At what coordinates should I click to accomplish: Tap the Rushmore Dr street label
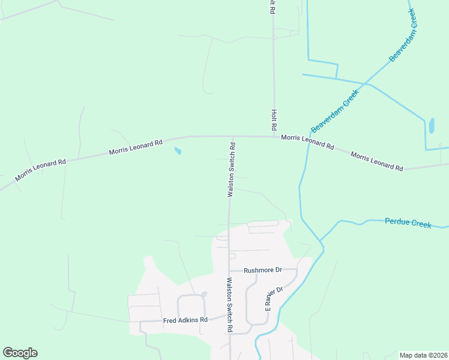[x=263, y=270]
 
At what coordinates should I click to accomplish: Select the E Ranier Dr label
[x=274, y=298]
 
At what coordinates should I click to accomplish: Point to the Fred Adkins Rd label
[x=185, y=320]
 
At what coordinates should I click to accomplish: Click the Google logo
[x=20, y=353]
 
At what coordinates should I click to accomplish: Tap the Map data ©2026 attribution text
[x=423, y=355]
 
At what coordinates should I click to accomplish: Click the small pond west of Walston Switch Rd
[x=177, y=151]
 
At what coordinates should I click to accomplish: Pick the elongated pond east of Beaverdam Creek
[x=431, y=125]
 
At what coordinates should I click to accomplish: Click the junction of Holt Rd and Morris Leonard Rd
[x=274, y=137]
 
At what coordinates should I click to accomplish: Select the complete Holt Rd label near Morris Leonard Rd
[x=274, y=120]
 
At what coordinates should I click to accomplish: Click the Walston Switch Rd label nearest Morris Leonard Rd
[x=231, y=170]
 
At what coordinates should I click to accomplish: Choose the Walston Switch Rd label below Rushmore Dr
[x=229, y=304]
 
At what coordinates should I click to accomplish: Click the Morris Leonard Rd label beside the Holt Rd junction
[x=307, y=142]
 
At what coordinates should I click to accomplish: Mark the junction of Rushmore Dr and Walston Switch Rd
[x=230, y=271]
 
